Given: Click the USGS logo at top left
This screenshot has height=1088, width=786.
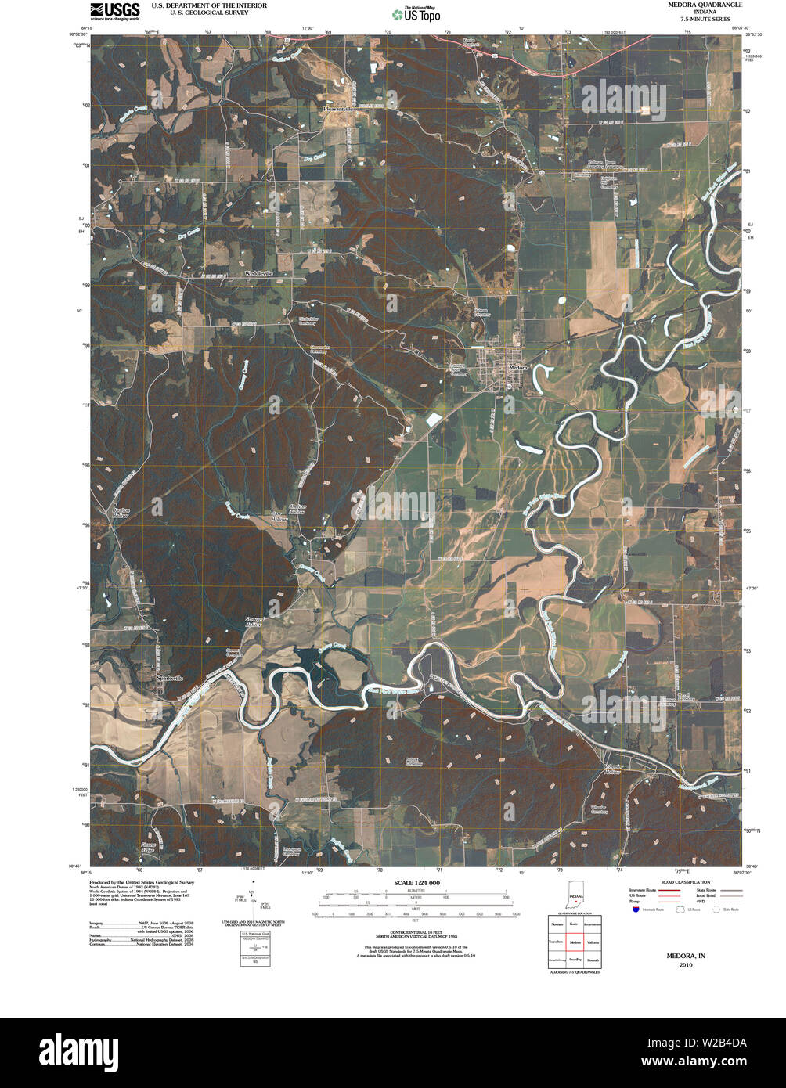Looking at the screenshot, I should click(x=114, y=11).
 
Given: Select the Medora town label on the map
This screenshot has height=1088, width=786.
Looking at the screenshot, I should click(x=518, y=367).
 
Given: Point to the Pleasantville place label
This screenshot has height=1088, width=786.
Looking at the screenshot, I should click(x=338, y=109).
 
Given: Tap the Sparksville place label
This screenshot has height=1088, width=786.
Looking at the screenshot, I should click(x=169, y=678).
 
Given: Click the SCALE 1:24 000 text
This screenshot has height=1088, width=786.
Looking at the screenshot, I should click(x=415, y=882).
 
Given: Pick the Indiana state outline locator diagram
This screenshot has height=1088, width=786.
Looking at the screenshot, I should click(x=575, y=899).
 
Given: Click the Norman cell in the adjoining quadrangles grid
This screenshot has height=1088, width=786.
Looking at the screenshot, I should click(x=556, y=924).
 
